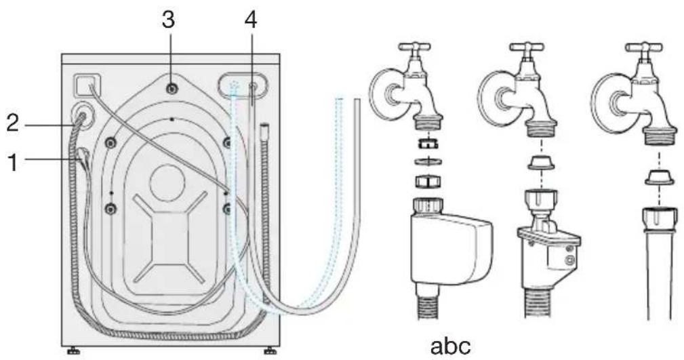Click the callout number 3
168,20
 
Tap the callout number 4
250,20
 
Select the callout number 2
12,123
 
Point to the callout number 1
13,162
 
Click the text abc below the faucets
451,346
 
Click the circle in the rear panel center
167,183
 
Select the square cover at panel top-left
87,85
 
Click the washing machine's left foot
74,350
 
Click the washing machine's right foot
270,350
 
